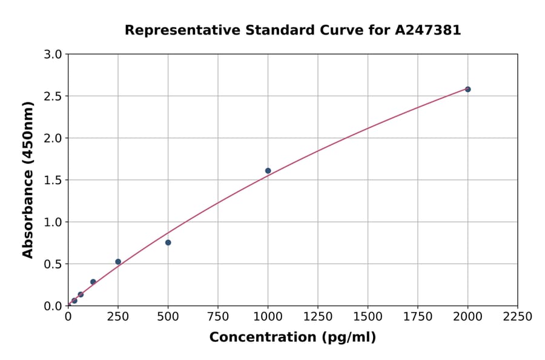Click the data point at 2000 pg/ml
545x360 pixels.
[467, 89]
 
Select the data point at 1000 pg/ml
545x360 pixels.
[268, 171]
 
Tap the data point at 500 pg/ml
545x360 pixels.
[168, 242]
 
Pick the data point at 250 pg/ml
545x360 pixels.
[118, 262]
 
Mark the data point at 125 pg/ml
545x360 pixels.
[93, 282]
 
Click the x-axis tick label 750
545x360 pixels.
[218, 317]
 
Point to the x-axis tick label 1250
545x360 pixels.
[318, 317]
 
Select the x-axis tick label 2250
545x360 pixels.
[518, 317]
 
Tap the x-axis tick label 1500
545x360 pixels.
[368, 317]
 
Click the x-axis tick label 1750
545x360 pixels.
[418, 317]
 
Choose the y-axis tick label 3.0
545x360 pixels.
[54, 55]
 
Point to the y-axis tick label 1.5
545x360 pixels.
[54, 180]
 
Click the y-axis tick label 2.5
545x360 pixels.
[54, 96]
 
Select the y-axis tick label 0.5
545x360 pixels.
[54, 264]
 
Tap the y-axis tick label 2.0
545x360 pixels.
[54, 138]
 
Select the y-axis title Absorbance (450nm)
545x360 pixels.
[28, 180]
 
